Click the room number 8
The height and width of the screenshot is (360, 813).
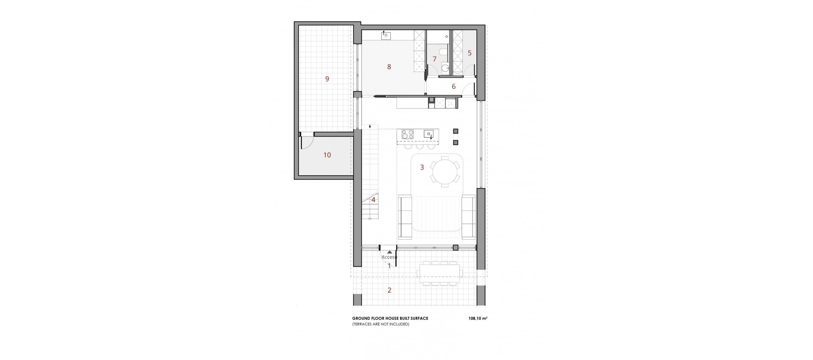click(x=389, y=66)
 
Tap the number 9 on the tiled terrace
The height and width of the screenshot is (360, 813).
click(x=327, y=78)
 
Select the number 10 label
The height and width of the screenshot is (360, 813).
click(x=327, y=155)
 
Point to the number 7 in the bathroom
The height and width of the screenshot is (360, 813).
click(x=434, y=59)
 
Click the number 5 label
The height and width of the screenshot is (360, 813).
click(x=470, y=53)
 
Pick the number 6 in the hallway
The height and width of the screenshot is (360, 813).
click(x=454, y=87)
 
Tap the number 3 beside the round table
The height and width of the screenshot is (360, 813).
click(x=422, y=167)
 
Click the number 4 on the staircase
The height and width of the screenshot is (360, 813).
click(x=373, y=200)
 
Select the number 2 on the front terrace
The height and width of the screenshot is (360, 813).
click(x=390, y=291)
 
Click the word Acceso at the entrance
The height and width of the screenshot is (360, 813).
click(x=389, y=257)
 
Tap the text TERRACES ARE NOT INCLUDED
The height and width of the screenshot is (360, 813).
click(x=381, y=324)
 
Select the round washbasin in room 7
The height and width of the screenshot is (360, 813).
click(x=445, y=67)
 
